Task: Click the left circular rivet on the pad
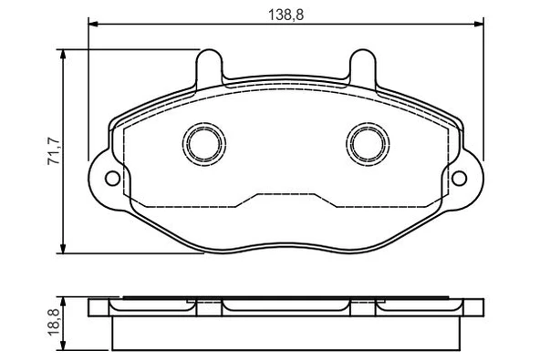click(202, 142)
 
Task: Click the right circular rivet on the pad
click(366, 142)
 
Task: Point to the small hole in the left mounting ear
click(111, 179)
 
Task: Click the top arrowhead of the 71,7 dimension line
click(64, 54)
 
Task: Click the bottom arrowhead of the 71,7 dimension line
click(64, 251)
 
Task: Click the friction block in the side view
click(285, 332)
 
